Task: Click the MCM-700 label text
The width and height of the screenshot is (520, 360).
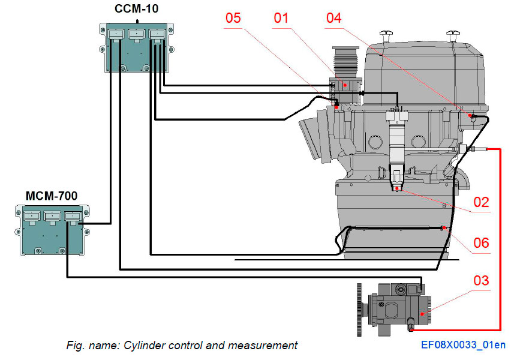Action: click(x=51, y=195)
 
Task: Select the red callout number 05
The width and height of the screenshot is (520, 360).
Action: click(x=233, y=18)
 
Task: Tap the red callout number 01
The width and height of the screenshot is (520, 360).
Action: click(x=281, y=18)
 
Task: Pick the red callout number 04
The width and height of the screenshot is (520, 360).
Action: click(x=333, y=18)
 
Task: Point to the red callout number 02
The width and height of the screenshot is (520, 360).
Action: click(x=482, y=202)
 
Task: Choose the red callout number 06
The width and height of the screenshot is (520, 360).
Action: click(x=482, y=243)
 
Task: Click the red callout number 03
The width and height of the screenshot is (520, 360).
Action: click(x=482, y=281)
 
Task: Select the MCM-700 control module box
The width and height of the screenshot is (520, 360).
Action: click(x=52, y=230)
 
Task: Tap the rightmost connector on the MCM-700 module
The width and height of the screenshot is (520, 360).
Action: click(x=74, y=217)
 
